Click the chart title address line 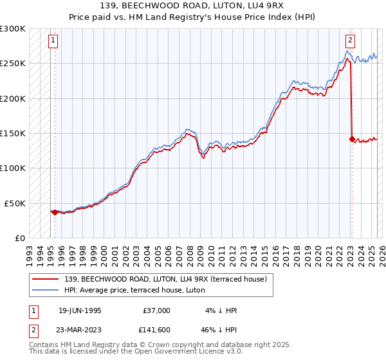click(192, 6)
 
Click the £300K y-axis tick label click(13, 29)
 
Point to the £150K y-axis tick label click(13, 133)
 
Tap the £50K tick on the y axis click(15, 203)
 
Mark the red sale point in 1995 click(55, 212)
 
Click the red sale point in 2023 click(351, 139)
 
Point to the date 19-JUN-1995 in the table click(80, 310)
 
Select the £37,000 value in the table click(156, 310)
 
